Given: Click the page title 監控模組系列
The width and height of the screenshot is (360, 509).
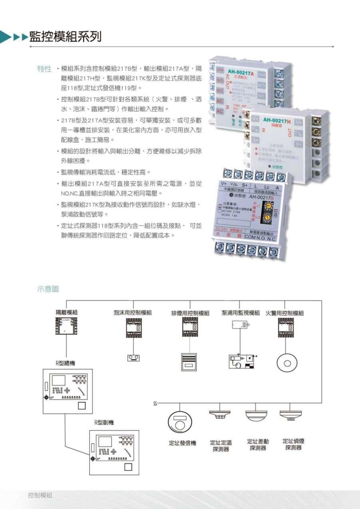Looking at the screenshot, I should (65, 37).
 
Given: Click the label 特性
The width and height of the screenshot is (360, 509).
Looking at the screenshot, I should (44, 68).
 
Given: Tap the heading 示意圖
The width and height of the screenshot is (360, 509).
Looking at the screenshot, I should (47, 289).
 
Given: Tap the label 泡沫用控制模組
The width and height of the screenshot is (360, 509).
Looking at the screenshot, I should (133, 313).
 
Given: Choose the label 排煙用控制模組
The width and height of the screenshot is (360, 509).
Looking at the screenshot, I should (190, 313).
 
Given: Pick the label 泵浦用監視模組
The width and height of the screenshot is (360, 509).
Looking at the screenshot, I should (241, 313).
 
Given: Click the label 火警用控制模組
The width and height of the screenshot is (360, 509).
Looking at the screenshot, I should (285, 313).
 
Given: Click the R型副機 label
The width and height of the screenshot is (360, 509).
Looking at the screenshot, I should (103, 423).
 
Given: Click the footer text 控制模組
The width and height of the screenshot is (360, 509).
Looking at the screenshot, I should (40, 495).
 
